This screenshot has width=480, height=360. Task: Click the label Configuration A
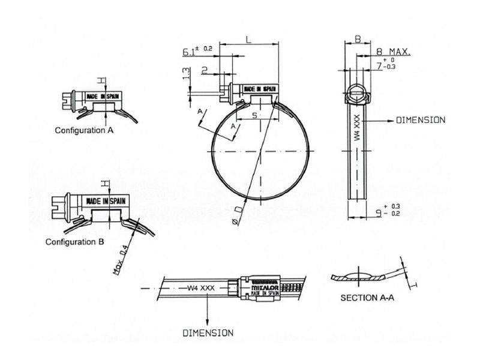[85, 130]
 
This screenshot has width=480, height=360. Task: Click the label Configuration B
[76, 242]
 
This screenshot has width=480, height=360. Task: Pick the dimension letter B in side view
[356, 40]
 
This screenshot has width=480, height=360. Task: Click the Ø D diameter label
[235, 217]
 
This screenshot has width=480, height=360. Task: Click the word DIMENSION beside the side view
[420, 120]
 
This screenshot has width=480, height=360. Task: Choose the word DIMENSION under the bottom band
[208, 332]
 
